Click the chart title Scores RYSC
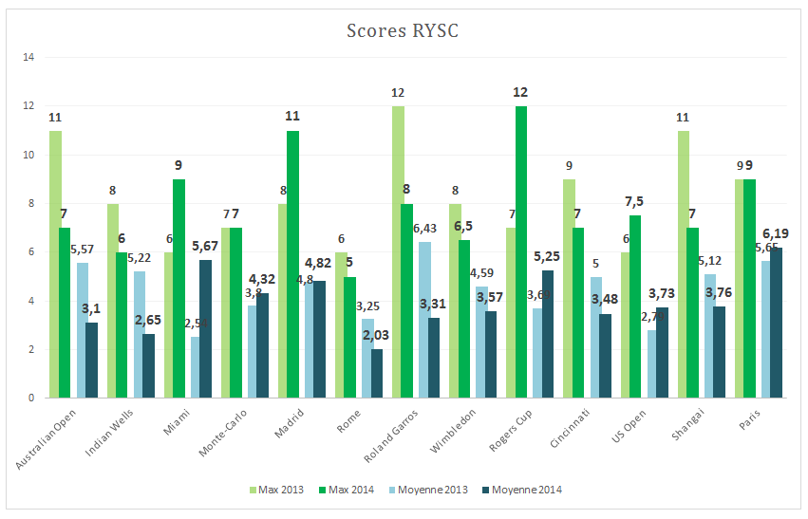click(402, 31)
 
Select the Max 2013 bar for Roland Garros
click(398, 251)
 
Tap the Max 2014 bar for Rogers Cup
click(521, 251)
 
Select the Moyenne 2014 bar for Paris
click(776, 323)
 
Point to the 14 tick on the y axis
click(28, 58)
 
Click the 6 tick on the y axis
click(30, 252)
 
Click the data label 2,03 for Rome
click(377, 335)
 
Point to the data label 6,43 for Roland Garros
click(425, 229)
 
